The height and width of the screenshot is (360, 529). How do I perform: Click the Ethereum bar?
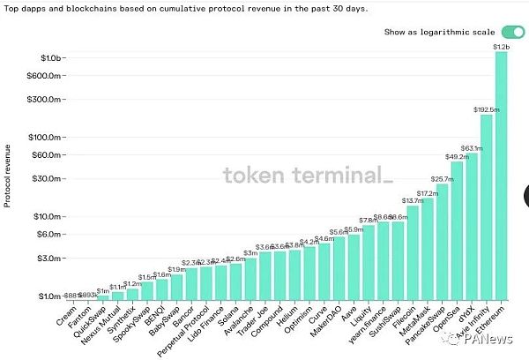[502, 176]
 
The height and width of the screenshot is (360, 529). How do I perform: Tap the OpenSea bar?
[457, 229]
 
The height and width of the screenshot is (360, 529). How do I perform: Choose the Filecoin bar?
[413, 251]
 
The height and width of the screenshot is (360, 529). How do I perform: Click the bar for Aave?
[354, 266]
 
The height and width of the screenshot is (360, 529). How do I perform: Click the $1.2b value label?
[502, 46]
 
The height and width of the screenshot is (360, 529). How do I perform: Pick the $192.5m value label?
[487, 110]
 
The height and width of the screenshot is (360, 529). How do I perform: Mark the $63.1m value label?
[472, 148]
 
